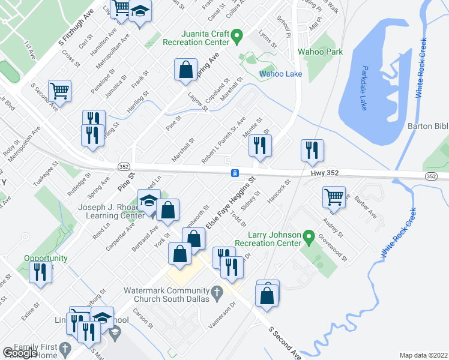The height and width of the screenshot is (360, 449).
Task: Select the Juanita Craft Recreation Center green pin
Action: coord(237,38)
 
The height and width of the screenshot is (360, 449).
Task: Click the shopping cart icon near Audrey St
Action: coord(334,197)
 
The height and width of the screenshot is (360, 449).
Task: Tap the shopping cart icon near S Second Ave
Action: coord(59,91)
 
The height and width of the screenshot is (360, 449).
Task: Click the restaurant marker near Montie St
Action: coord(260,145)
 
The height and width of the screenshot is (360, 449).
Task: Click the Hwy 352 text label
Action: coord(325,173)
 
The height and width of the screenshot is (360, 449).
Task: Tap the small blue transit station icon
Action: coord(235,173)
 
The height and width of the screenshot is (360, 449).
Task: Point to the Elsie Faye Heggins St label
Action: coord(231,202)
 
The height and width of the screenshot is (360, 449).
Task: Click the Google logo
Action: coord(20,352)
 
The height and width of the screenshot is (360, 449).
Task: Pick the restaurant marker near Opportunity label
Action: coord(41,271)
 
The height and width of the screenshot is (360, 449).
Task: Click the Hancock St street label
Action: coord(279,190)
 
